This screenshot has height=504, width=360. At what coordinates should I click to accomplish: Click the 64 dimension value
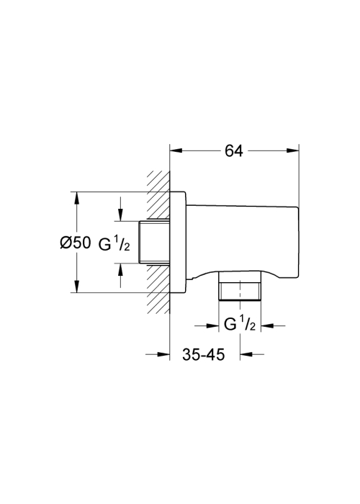[x=234, y=150]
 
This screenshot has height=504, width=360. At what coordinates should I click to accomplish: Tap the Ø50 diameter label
[x=76, y=243]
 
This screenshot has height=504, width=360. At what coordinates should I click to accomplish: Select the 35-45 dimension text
[x=204, y=354]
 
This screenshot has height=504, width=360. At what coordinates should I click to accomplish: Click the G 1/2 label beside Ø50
[x=114, y=244]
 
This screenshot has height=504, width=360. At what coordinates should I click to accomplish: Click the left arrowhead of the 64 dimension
[x=176, y=150]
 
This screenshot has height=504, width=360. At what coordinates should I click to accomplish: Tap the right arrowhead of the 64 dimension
[x=292, y=150]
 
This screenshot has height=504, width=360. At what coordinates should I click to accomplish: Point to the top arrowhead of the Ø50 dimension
[x=76, y=198]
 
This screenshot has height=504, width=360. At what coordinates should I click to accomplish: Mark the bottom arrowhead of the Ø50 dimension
[x=76, y=287]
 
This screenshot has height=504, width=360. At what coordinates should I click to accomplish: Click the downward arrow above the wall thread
[x=120, y=209]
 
